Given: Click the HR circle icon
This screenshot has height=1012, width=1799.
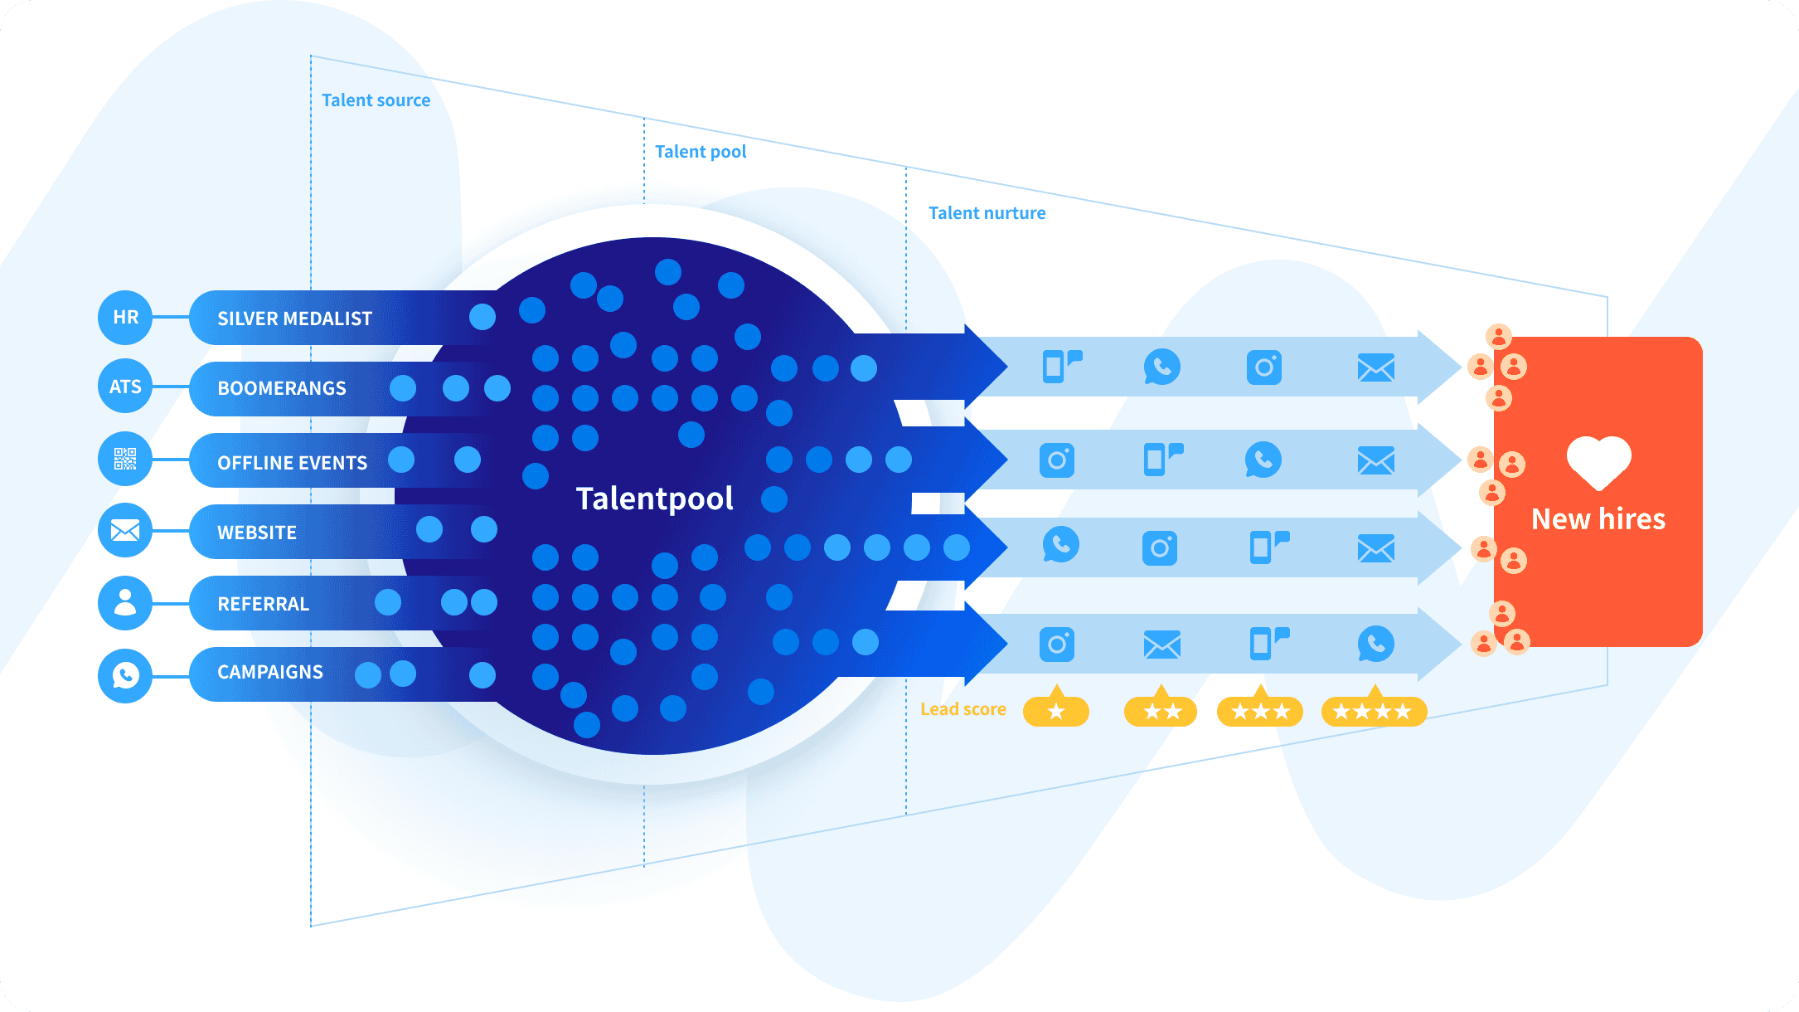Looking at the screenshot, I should (x=125, y=317).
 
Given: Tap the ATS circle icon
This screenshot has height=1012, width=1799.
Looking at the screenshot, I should (x=125, y=387).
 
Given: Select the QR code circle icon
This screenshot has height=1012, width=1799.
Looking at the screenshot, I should (x=125, y=459).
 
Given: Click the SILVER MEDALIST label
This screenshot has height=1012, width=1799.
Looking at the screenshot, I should (x=294, y=319).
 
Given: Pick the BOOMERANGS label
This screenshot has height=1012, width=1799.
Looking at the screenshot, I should (x=282, y=388).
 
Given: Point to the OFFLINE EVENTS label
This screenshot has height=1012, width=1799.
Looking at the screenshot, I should (x=292, y=463).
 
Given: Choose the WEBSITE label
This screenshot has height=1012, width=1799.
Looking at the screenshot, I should (x=257, y=533).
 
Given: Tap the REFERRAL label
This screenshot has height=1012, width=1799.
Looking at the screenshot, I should (x=263, y=604).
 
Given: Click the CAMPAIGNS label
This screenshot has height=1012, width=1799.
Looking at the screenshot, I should (x=270, y=672).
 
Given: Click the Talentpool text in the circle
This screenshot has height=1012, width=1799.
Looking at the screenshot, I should (x=654, y=499).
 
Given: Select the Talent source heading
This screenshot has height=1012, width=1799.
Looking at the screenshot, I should (x=376, y=100).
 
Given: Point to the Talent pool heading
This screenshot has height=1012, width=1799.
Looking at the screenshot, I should (x=701, y=152).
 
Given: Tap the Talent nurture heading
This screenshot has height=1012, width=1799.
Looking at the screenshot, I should (x=987, y=213).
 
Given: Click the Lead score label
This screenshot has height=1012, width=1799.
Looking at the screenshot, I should (x=963, y=709).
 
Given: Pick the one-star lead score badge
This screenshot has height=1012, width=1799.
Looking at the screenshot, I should (x=1056, y=711).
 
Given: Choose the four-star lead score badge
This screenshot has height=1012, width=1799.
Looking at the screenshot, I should (x=1373, y=711).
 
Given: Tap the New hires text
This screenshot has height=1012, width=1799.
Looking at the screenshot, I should (x=1598, y=519).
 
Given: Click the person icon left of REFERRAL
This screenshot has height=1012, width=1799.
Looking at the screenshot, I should (x=125, y=602).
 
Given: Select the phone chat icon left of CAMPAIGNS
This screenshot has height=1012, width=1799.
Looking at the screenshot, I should (x=125, y=675).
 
